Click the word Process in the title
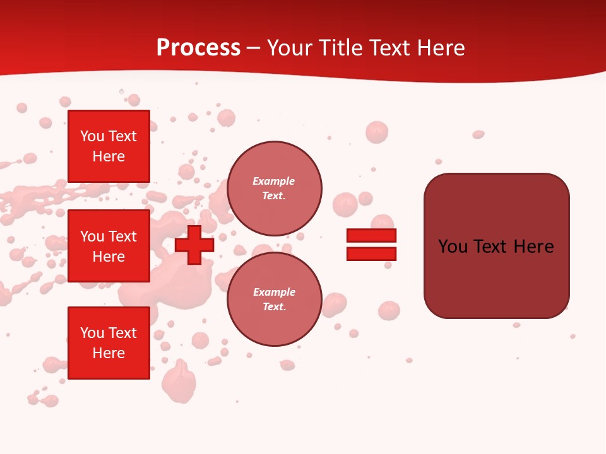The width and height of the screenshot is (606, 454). [x=198, y=48]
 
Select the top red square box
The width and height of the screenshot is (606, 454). [x=109, y=146]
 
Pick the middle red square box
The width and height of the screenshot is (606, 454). [x=109, y=246]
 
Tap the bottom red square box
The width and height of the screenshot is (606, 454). [x=109, y=342]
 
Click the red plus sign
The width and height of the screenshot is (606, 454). [x=194, y=245]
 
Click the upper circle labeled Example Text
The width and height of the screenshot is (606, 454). [x=274, y=188]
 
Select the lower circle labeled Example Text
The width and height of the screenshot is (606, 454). [x=274, y=299]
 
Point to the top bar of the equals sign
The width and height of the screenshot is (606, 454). [x=371, y=236]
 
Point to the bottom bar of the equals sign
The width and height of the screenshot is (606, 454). [x=371, y=253]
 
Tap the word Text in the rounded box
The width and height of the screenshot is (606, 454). [x=494, y=247]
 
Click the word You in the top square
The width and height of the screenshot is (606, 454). [x=92, y=136]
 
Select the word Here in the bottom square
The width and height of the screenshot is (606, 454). [x=109, y=353]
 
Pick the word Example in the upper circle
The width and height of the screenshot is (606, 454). [x=274, y=181]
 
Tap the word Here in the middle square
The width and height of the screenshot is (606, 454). [x=109, y=257]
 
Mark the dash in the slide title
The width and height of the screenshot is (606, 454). [x=254, y=49]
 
